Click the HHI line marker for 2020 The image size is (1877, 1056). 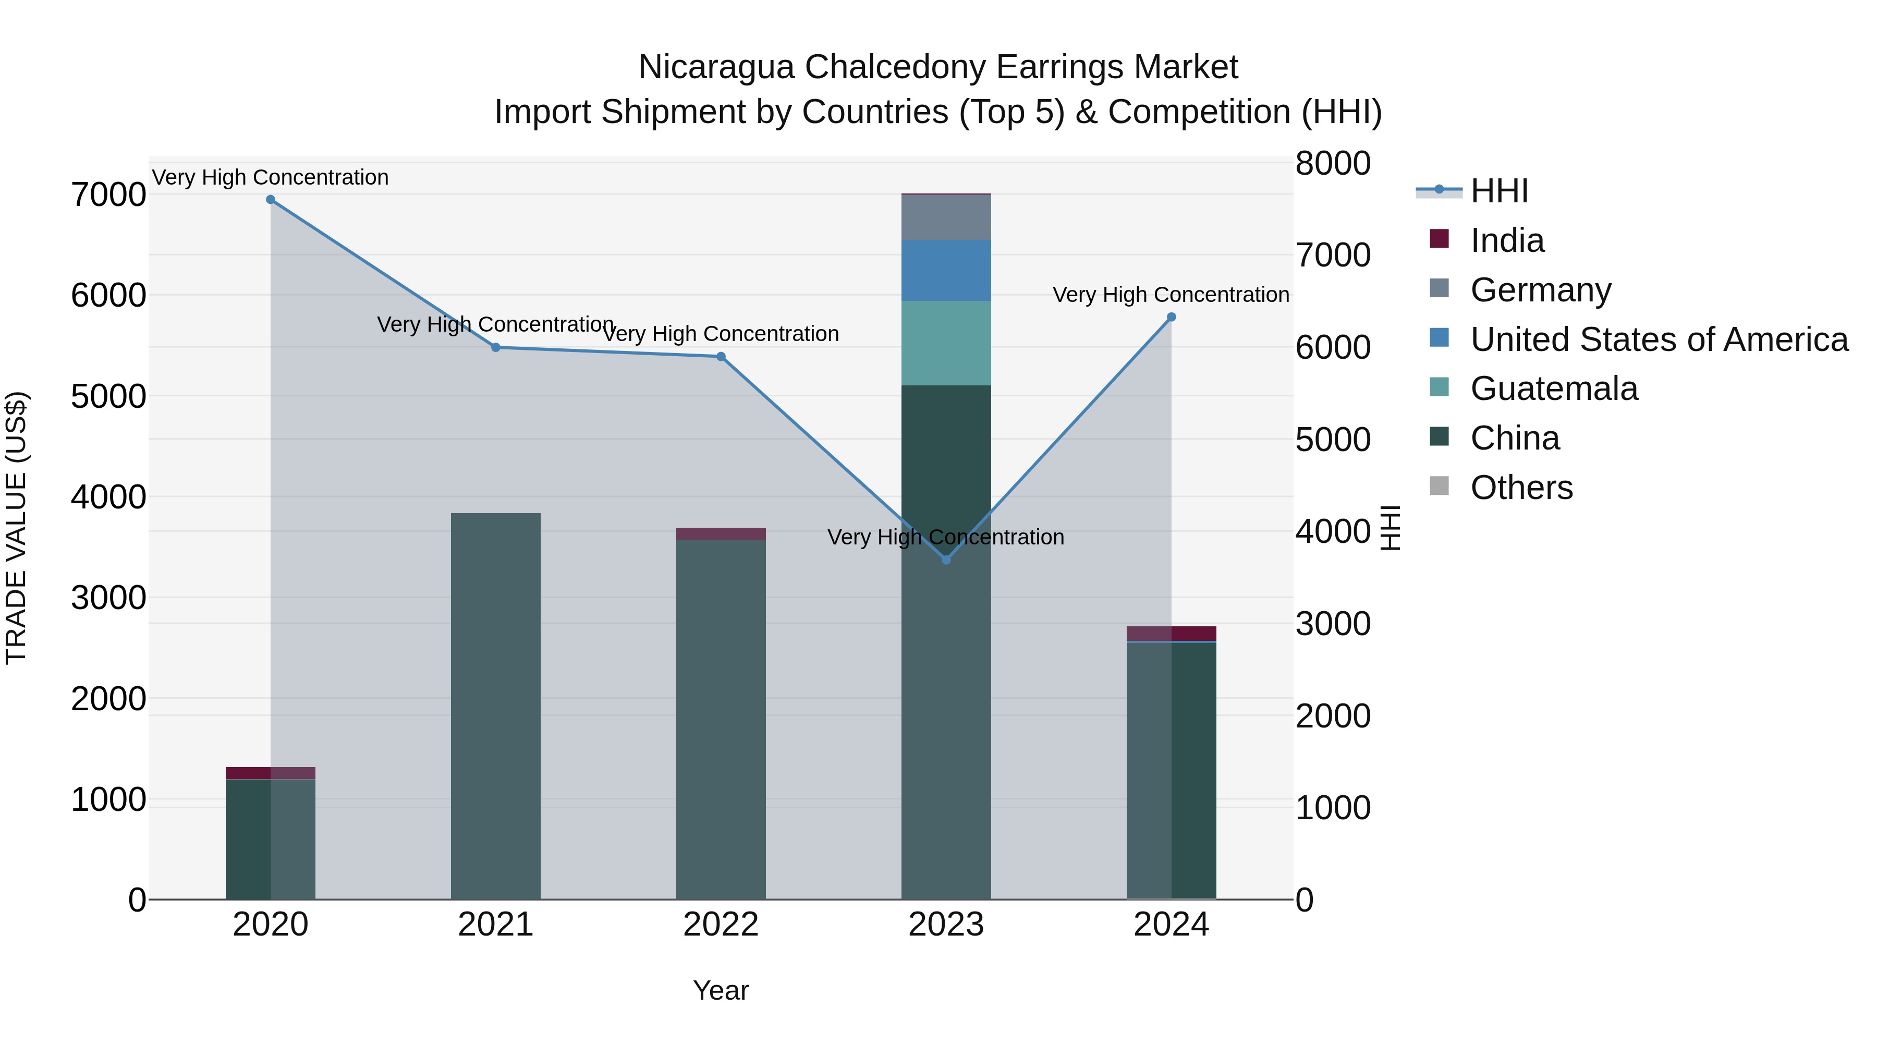tap(270, 200)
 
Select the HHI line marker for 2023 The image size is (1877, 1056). tap(946, 560)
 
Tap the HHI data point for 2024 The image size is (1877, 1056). tap(1171, 317)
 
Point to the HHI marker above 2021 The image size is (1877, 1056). tap(495, 348)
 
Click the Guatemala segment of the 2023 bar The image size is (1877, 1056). tap(946, 343)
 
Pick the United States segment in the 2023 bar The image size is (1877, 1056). tap(946, 270)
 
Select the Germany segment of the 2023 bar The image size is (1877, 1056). tap(946, 217)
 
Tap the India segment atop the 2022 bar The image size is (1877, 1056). tap(721, 533)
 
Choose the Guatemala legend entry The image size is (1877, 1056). tap(1554, 389)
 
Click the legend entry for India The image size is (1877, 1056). tap(1507, 240)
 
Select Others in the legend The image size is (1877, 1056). tap(1521, 488)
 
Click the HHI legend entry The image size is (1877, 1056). tap(1499, 191)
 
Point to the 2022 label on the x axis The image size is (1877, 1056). tap(721, 925)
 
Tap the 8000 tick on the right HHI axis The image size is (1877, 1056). tap(1333, 163)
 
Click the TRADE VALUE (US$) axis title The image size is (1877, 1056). tap(16, 528)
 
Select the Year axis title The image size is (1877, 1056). tap(721, 990)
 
